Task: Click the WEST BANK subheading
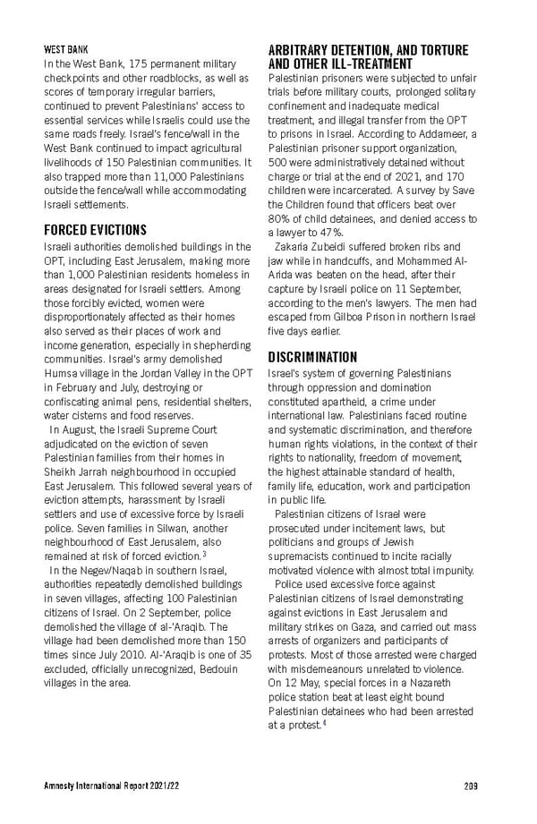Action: [x=65, y=48]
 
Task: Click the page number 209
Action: [x=471, y=785]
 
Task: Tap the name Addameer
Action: [x=449, y=132]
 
